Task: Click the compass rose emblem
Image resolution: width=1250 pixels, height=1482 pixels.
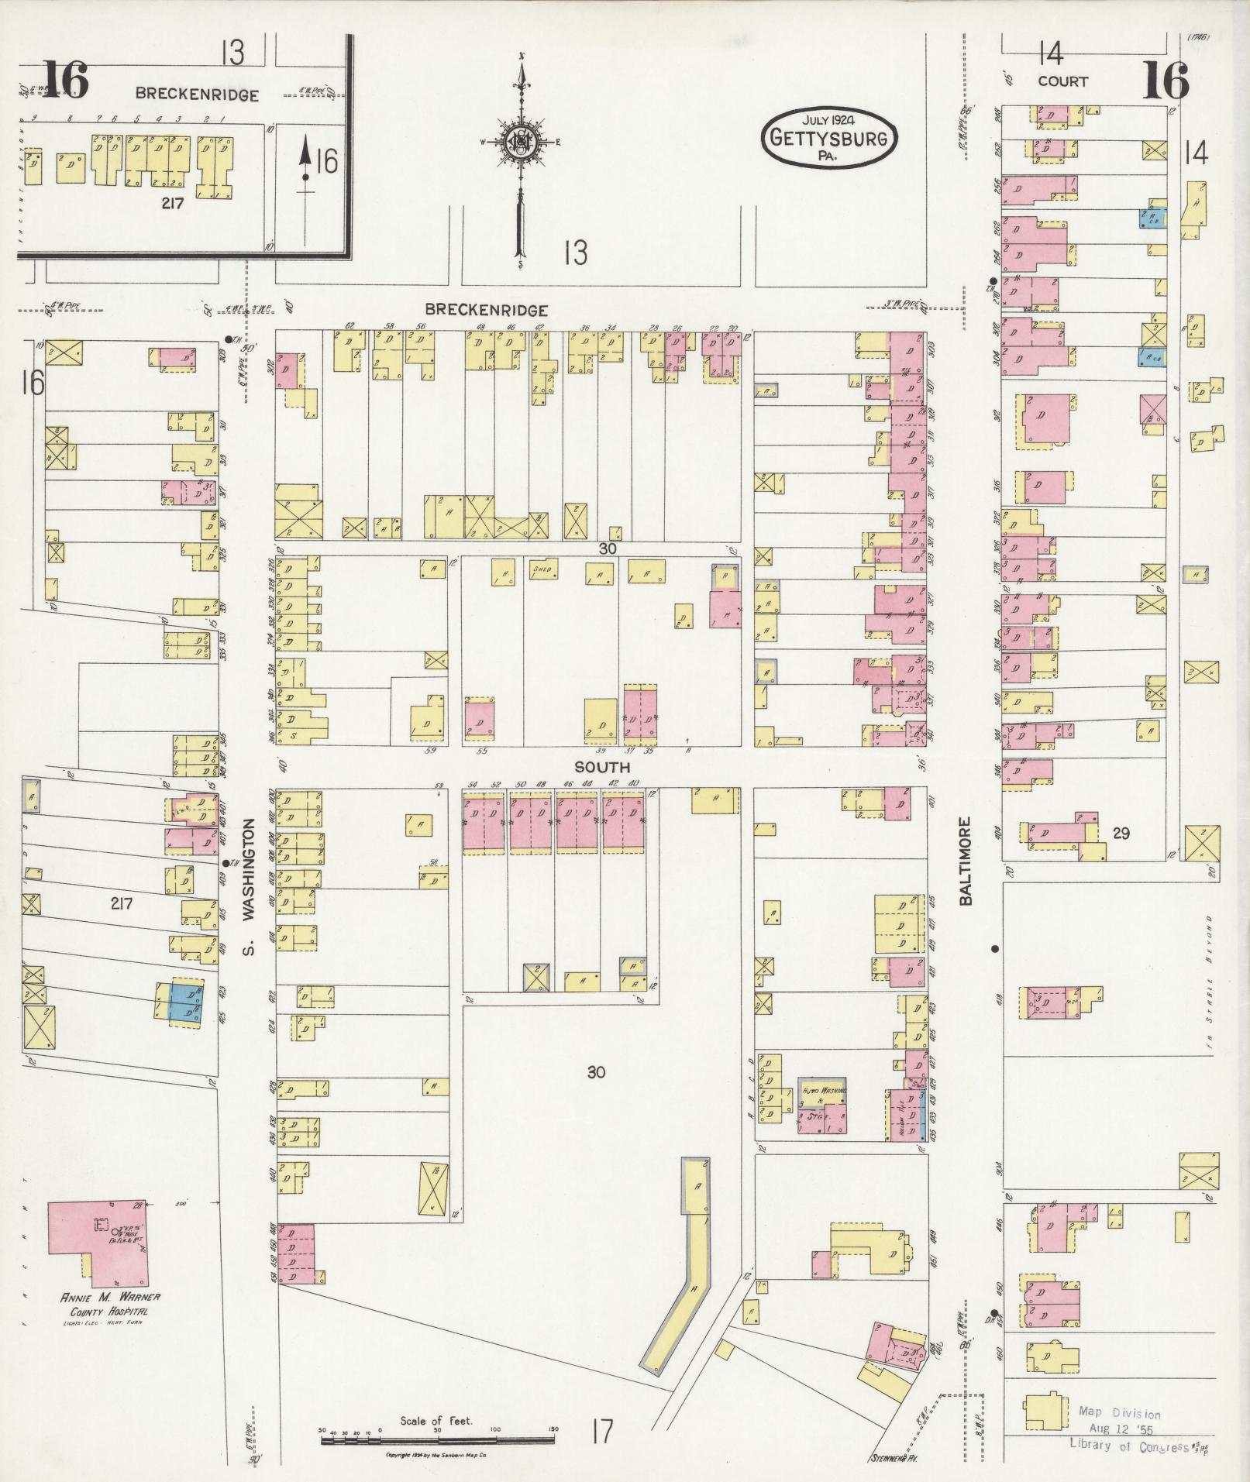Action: tap(521, 143)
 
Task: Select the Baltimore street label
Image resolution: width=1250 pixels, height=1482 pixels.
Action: tap(965, 861)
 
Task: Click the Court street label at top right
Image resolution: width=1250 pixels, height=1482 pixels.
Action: tap(1062, 81)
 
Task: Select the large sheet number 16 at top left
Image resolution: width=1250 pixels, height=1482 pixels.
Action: tap(65, 79)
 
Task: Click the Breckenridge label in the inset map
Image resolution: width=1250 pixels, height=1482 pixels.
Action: tap(197, 95)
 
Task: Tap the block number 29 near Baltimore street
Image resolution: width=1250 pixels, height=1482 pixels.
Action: tap(1121, 833)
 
